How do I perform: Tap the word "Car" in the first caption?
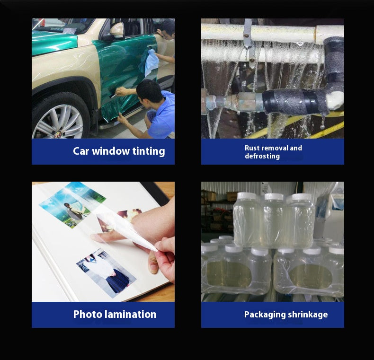[81, 151]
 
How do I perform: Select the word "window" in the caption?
[111, 151]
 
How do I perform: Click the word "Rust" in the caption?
[252, 148]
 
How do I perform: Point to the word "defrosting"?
[262, 156]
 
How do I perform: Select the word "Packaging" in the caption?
[265, 315]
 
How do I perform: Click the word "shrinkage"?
[308, 315]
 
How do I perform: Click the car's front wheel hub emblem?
[58, 135]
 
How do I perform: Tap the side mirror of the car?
[117, 31]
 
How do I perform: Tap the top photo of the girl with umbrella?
[72, 204]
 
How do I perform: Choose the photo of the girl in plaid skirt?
[107, 273]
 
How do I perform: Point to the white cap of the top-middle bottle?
[274, 197]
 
